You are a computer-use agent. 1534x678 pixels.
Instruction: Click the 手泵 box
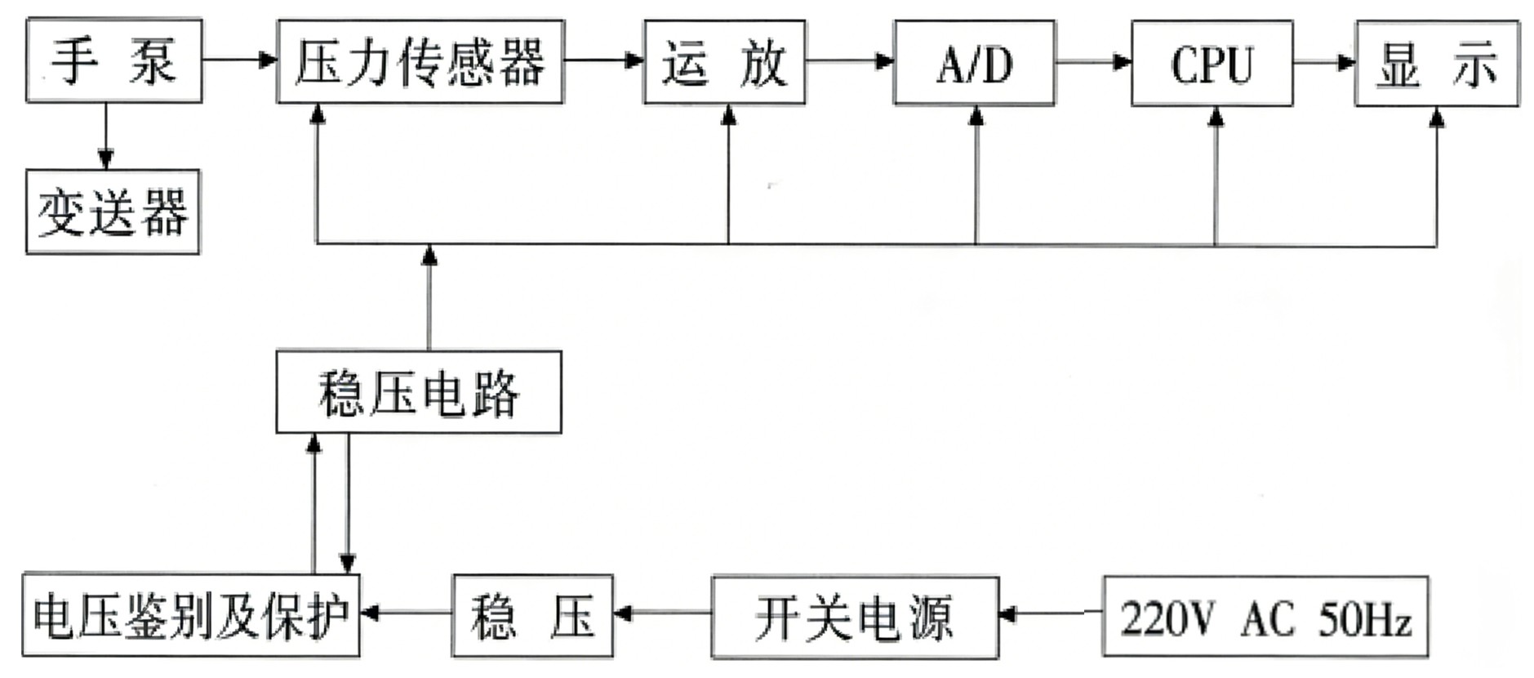[113, 61]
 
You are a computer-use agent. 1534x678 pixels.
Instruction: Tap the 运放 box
[724, 63]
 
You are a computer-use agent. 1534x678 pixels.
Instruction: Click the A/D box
[974, 64]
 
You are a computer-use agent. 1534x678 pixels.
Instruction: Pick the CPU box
[1212, 64]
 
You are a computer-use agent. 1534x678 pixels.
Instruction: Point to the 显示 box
[1437, 65]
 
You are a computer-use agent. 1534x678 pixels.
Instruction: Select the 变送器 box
[113, 212]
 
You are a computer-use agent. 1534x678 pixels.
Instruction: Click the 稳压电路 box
[418, 392]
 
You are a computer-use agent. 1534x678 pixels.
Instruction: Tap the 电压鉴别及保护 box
[190, 615]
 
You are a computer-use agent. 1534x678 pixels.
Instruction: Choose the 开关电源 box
[854, 618]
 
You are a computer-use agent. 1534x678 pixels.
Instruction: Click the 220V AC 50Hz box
[1265, 618]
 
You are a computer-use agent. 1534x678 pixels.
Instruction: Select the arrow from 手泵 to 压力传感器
[239, 60]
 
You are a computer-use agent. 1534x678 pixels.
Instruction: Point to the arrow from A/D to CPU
[1092, 61]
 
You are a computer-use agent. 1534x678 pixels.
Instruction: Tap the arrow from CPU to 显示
[1323, 62]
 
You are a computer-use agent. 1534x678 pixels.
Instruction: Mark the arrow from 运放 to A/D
[849, 60]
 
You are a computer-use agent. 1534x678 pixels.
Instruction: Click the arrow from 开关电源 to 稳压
[662, 613]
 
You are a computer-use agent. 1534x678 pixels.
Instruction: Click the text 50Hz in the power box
[1365, 618]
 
